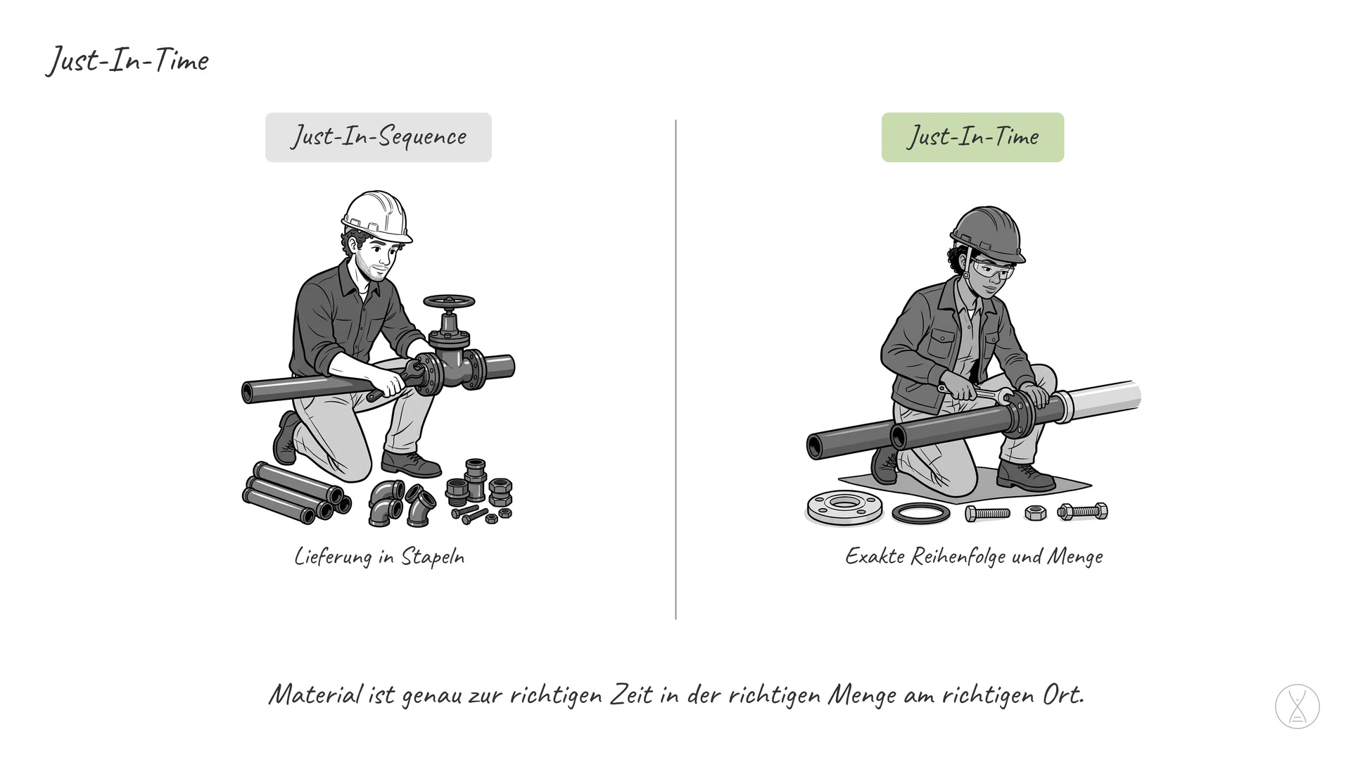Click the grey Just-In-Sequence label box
tap(378, 137)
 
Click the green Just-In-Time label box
tap(972, 137)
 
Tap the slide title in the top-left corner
tap(127, 61)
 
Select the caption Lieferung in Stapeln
tap(379, 557)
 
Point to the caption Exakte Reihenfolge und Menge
tap(974, 557)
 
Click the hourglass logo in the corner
tap(1297, 706)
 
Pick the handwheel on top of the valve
tap(449, 302)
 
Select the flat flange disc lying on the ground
tap(844, 507)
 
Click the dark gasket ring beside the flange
tap(920, 513)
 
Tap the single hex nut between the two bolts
tap(1035, 512)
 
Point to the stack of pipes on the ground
tap(296, 493)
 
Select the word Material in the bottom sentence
tap(316, 695)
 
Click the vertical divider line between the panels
tap(675, 369)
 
